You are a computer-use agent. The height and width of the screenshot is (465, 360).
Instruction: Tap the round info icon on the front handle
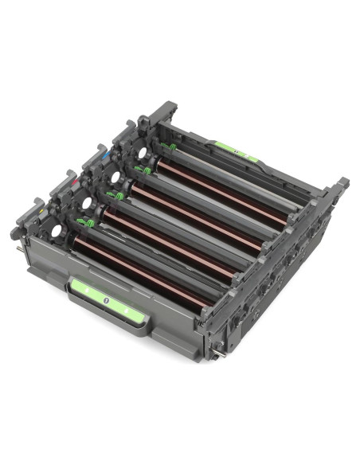click(x=105, y=301)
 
